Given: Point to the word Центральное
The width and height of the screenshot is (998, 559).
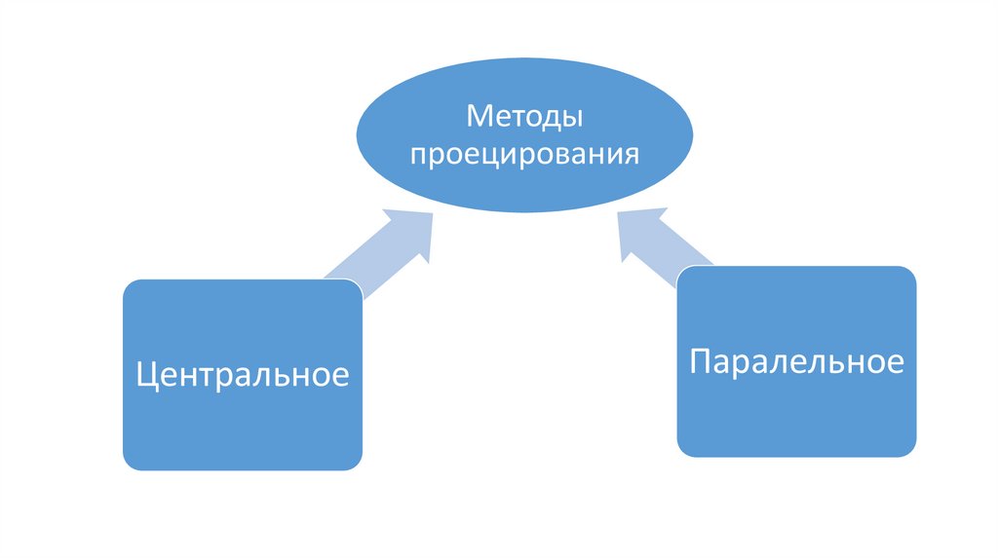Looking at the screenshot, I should (243, 375).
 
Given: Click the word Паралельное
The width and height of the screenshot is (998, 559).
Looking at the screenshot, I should (796, 362).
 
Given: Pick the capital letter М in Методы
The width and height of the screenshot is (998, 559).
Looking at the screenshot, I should (479, 118).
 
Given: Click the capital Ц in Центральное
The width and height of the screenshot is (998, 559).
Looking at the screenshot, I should (147, 376).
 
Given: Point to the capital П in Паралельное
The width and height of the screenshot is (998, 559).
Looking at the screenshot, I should (700, 362).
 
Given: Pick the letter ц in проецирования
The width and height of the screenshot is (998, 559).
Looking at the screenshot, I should (487, 157).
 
